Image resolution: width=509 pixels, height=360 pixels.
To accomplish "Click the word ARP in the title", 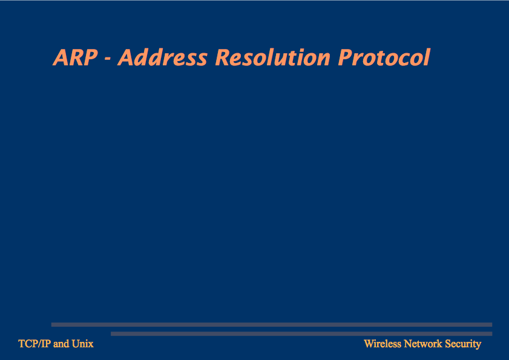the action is pos(75,57).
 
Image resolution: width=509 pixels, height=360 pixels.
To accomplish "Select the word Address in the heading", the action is pos(163,57).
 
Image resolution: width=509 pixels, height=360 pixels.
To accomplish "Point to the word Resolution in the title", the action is pos(273,57).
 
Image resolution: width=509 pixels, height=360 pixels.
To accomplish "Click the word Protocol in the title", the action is pos(384,57).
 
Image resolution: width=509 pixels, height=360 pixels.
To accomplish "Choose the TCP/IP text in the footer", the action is pos(34,344).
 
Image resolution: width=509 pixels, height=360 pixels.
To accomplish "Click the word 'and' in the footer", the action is pos(61,344).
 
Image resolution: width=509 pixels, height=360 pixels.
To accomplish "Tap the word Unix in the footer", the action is pos(83,344).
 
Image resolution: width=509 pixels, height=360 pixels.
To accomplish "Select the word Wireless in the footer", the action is pos(383,344).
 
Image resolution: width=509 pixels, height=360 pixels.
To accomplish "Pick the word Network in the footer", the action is pos(423,344).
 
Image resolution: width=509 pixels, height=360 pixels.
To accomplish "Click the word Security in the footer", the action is pos(463,344).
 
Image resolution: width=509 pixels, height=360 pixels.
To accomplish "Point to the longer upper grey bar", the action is pos(272,325).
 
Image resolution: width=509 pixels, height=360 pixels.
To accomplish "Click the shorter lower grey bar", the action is pos(301,334).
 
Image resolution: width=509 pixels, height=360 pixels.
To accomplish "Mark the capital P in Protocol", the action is pos(345,58).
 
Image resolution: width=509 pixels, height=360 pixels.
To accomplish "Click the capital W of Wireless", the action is pos(369,344).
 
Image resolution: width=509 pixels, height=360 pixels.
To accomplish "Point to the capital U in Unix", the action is pos(76,344).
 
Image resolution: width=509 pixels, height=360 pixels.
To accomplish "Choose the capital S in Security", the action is pos(447,344).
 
